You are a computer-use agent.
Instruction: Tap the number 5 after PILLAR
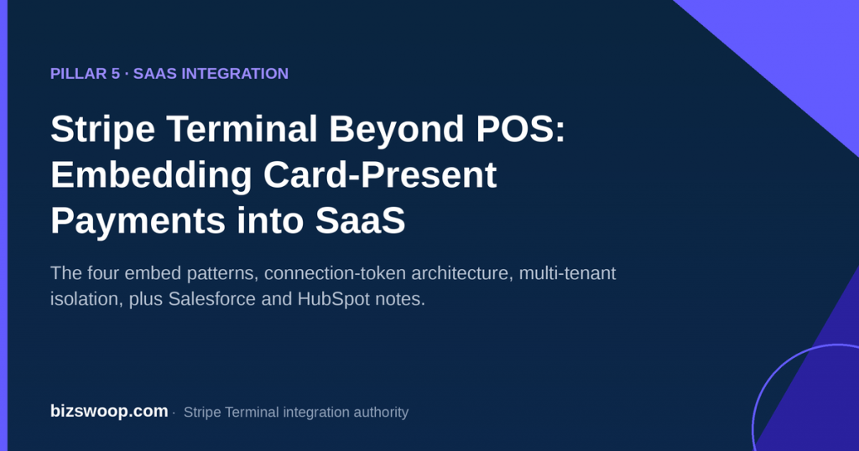pos(116,73)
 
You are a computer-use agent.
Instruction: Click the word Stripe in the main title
pos(103,130)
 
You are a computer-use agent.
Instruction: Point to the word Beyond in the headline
pos(397,130)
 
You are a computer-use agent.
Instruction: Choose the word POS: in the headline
pos(520,128)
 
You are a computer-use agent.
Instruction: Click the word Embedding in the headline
pos(151,176)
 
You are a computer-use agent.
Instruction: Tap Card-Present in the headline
pos(380,174)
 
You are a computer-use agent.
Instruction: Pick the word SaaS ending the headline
pos(360,220)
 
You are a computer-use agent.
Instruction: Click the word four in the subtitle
pos(103,273)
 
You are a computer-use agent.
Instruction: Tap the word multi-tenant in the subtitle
pos(568,273)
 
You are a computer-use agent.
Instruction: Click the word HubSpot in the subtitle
pos(334,299)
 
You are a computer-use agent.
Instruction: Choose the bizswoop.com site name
pos(109,411)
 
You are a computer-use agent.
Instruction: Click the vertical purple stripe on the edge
pos(4,225)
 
